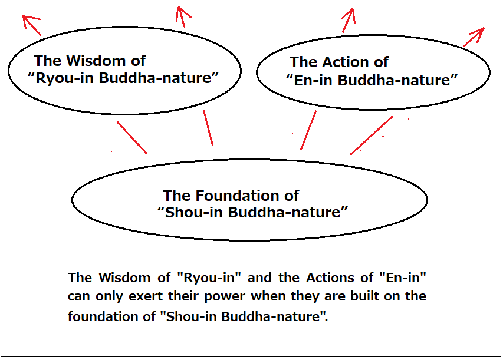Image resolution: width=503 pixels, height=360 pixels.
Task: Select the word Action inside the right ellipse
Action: (344, 62)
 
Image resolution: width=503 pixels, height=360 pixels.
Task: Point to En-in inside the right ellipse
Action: (313, 80)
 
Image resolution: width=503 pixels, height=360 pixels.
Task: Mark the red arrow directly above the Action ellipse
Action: (349, 21)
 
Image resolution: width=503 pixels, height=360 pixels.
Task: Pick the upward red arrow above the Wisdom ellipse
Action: (182, 16)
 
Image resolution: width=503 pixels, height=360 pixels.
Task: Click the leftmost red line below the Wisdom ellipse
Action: (132, 137)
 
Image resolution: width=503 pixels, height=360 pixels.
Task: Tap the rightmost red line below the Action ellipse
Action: (372, 136)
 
